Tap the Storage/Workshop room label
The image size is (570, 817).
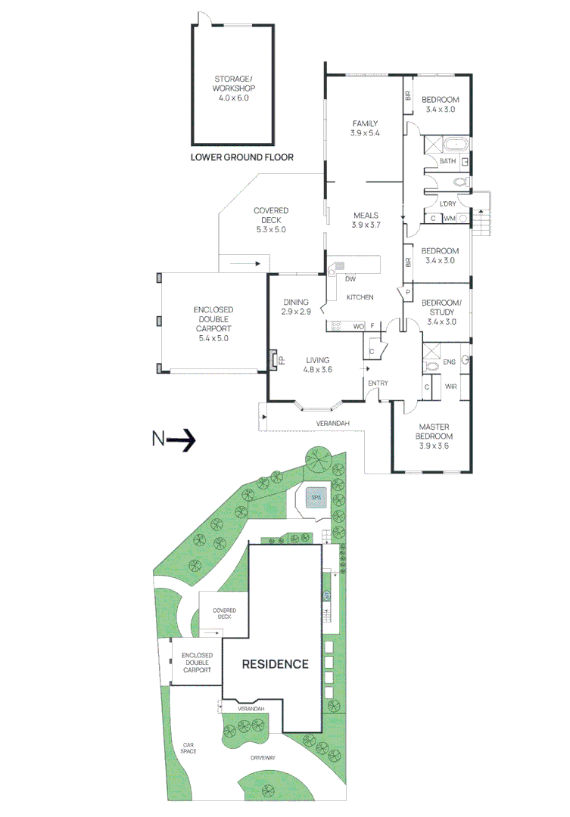coord(233,82)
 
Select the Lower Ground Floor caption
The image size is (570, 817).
coord(241,157)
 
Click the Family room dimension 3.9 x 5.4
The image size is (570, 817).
coord(364,133)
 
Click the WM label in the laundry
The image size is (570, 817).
coord(449,219)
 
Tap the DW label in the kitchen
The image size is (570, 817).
coord(350,279)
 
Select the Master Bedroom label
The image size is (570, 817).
coord(434,432)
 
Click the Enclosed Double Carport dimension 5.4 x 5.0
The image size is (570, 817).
coord(213,339)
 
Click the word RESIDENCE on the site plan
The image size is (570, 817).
coord(275,664)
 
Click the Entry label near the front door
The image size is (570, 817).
coord(378,384)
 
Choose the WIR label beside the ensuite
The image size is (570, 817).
coord(451,387)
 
